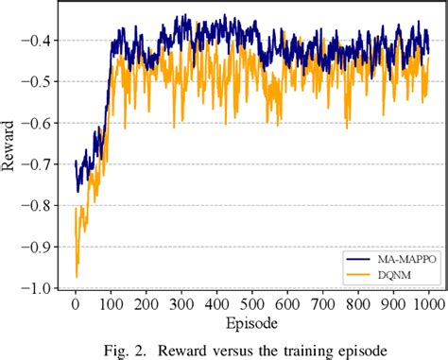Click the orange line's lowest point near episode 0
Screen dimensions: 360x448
pyautogui.click(x=76, y=277)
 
